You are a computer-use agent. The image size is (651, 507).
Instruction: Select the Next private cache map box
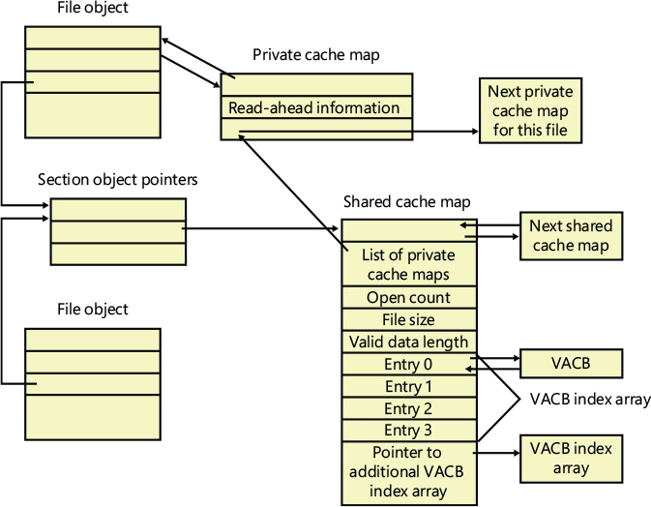click(530, 110)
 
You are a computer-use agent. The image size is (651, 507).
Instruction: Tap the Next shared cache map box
click(571, 236)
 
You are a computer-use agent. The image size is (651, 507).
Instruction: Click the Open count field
click(409, 298)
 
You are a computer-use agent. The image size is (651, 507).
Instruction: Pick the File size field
click(409, 319)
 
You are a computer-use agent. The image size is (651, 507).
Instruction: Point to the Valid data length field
click(409, 342)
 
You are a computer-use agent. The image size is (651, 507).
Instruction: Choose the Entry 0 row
click(409, 364)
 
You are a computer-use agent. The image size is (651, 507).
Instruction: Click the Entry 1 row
click(409, 386)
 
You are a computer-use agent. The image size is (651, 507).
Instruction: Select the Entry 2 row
click(409, 408)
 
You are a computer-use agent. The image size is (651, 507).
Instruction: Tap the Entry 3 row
click(409, 430)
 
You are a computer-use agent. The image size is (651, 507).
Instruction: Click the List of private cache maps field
click(409, 264)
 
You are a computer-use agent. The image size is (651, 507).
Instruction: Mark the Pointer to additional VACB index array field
click(409, 471)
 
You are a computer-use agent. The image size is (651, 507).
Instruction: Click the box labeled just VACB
click(571, 364)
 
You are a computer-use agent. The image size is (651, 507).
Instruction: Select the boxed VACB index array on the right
click(571, 459)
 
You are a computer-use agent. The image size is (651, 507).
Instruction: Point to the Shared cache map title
click(407, 202)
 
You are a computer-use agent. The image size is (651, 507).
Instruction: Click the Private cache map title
click(316, 55)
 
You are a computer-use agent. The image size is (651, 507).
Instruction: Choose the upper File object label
click(92, 10)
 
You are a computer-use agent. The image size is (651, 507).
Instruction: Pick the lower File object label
click(92, 310)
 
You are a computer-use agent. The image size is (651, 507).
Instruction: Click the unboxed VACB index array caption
click(589, 399)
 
